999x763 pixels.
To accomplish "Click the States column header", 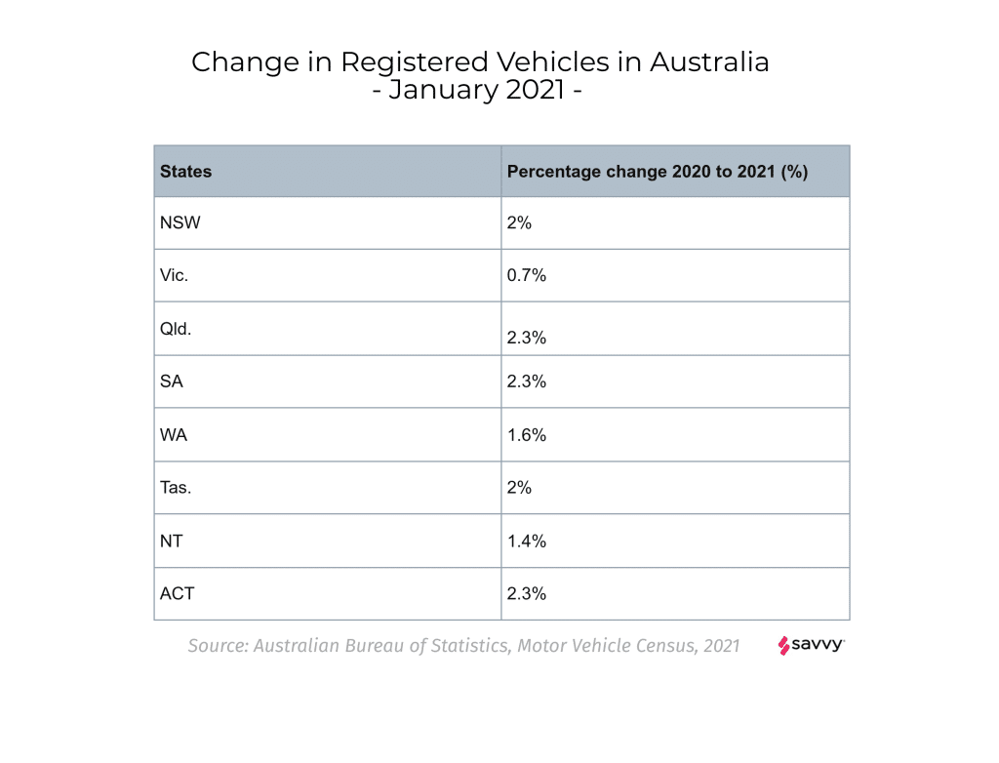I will [x=185, y=172].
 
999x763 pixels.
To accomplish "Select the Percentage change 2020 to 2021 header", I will [x=658, y=172].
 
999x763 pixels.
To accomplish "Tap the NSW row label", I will [x=180, y=222].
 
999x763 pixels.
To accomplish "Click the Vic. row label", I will [x=174, y=275].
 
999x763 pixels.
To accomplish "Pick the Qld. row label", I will [x=176, y=329].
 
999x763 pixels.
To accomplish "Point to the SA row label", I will [x=172, y=381].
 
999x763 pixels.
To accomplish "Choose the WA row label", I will [x=174, y=435].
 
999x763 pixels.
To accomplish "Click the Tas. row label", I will [x=176, y=488].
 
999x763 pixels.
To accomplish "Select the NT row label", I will [x=172, y=541].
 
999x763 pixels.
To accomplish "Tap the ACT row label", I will [x=177, y=593].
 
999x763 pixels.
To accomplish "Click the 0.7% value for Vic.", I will [x=527, y=275].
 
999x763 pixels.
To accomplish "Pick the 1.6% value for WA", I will [x=527, y=435].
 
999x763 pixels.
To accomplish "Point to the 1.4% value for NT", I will [x=527, y=541].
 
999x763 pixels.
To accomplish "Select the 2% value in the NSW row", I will [x=519, y=222].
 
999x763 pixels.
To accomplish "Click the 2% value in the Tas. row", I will [x=519, y=488].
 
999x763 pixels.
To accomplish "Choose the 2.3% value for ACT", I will [x=527, y=593].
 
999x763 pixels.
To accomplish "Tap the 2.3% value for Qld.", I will [x=527, y=338].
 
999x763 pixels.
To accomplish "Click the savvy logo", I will [x=812, y=645].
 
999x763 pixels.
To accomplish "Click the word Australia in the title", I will [x=709, y=61].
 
